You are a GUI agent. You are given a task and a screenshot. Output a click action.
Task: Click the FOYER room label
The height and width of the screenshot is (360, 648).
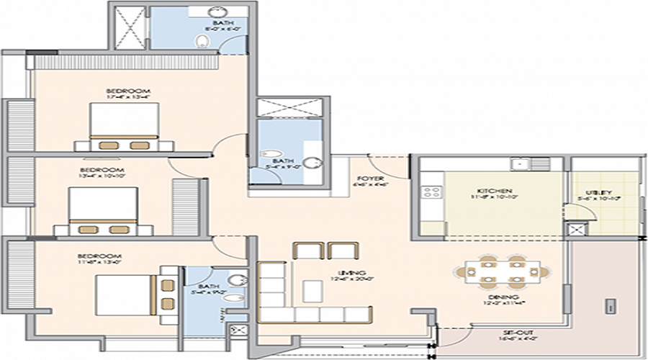[371, 179]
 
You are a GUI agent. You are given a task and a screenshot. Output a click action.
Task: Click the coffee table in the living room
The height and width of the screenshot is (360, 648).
[312, 290]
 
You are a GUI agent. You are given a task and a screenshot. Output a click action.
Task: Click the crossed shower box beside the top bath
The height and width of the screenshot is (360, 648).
[129, 26]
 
